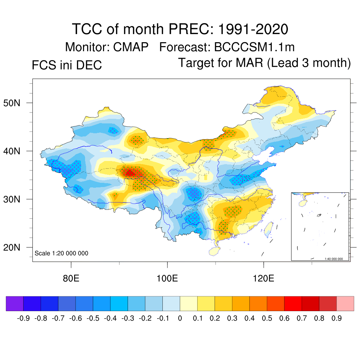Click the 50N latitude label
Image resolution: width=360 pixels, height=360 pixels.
[x=16, y=103]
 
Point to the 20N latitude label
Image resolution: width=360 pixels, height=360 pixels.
[x=16, y=247]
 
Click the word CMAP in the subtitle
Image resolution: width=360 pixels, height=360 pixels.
[x=131, y=47]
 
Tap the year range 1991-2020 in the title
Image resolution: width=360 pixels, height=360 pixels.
[x=253, y=29]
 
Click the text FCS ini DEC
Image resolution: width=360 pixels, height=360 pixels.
[x=67, y=65]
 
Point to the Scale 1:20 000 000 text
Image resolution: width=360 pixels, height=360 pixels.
[x=62, y=253]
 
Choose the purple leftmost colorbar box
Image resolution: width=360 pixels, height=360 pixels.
[x=15, y=304]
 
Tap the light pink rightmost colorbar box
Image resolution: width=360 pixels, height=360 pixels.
[x=345, y=304]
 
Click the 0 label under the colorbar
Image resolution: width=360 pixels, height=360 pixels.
[x=180, y=319]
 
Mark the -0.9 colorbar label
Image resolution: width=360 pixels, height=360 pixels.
[x=24, y=319]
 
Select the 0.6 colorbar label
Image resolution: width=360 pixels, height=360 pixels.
[x=284, y=319]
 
